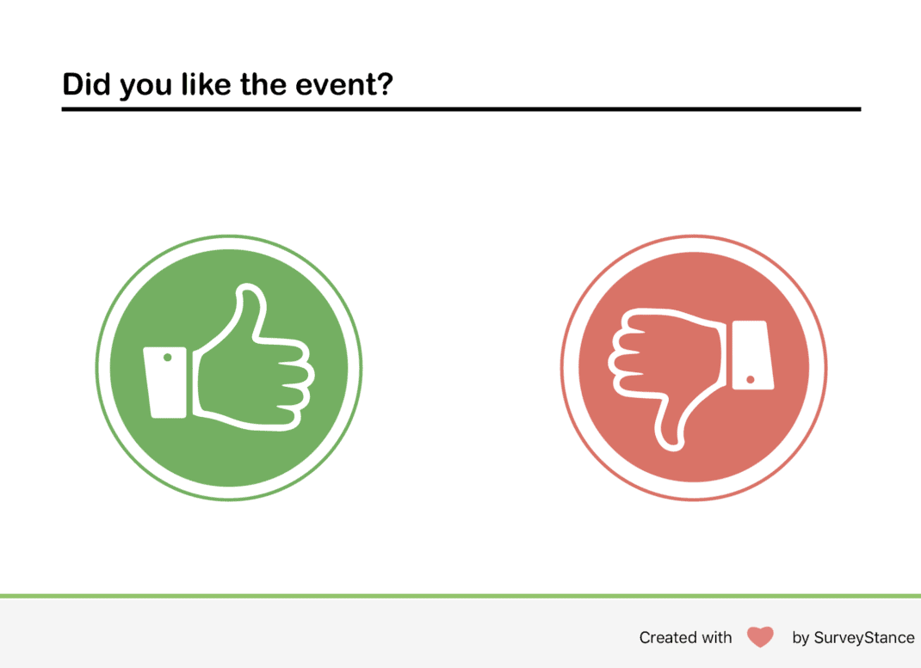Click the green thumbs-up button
point(229,368)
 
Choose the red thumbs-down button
point(694,368)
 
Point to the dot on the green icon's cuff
point(168,357)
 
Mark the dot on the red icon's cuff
point(751,379)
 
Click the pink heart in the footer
point(760,637)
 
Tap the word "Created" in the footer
point(668,638)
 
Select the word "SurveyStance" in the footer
point(864,638)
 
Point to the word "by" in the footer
point(800,638)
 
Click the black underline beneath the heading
point(460,109)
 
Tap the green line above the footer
point(460,595)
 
